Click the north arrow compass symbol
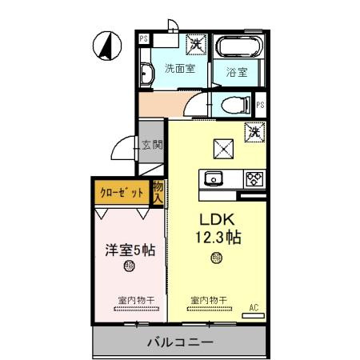coord(104,45)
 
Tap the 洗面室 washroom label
coord(180,68)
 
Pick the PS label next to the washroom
coord(144,38)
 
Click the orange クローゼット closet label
coord(122,192)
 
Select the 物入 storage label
coord(158,192)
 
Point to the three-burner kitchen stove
coord(254,178)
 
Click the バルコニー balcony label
coord(179,342)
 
